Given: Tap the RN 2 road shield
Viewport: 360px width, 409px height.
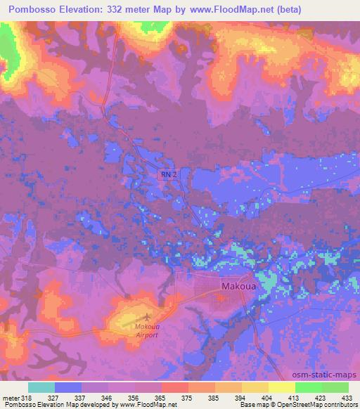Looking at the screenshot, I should [x=167, y=174].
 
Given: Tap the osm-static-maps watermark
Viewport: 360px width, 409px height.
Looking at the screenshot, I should [x=326, y=374].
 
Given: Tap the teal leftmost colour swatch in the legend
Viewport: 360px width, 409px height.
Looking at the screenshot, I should [x=41, y=387].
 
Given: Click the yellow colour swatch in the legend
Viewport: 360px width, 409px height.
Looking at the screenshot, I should [x=282, y=387].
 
